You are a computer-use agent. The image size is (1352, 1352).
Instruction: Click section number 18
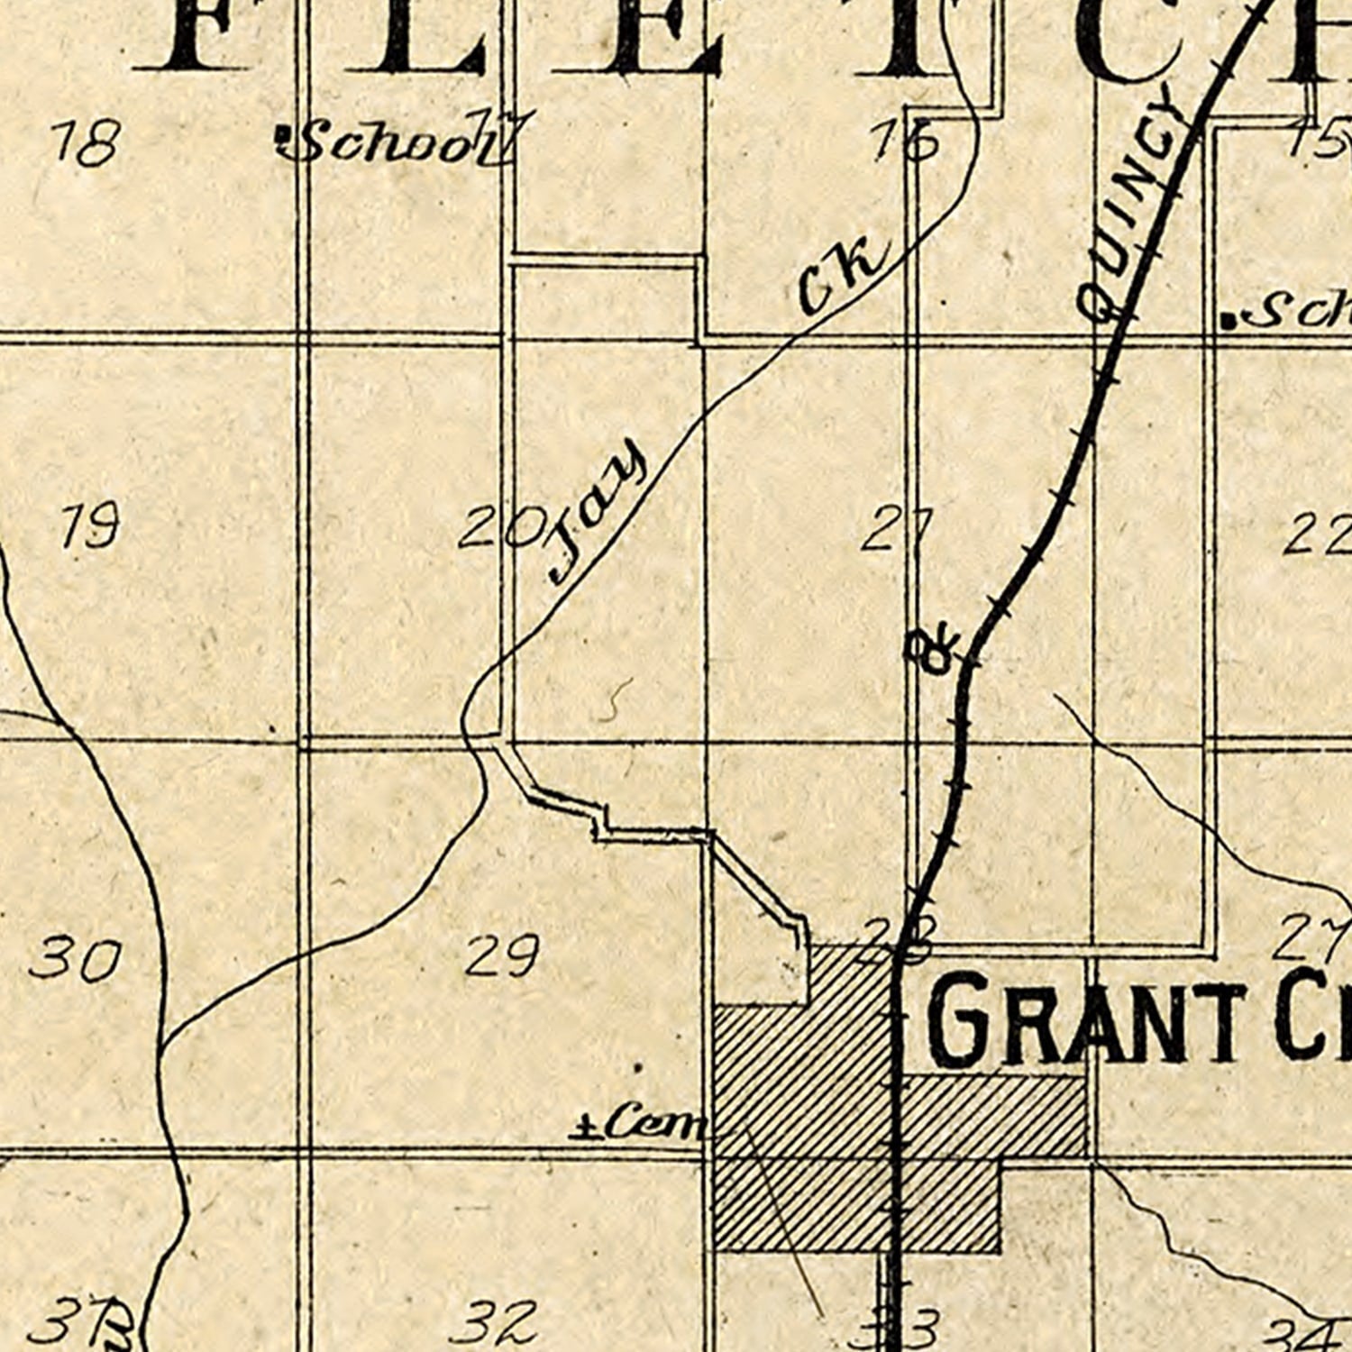pyautogui.click(x=86, y=142)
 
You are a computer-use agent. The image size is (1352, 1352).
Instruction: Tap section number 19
pyautogui.click(x=90, y=526)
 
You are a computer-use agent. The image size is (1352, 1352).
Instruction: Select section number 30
pyautogui.click(x=76, y=959)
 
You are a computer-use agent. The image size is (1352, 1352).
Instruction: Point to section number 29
pyautogui.click(x=503, y=955)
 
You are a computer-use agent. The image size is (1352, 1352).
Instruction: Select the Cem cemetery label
pyautogui.click(x=642, y=1124)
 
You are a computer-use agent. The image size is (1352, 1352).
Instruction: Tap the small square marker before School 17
pyautogui.click(x=284, y=135)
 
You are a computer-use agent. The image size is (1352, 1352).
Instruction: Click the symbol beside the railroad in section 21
pyautogui.click(x=934, y=651)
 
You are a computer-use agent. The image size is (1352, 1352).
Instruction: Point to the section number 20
pyautogui.click(x=502, y=528)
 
